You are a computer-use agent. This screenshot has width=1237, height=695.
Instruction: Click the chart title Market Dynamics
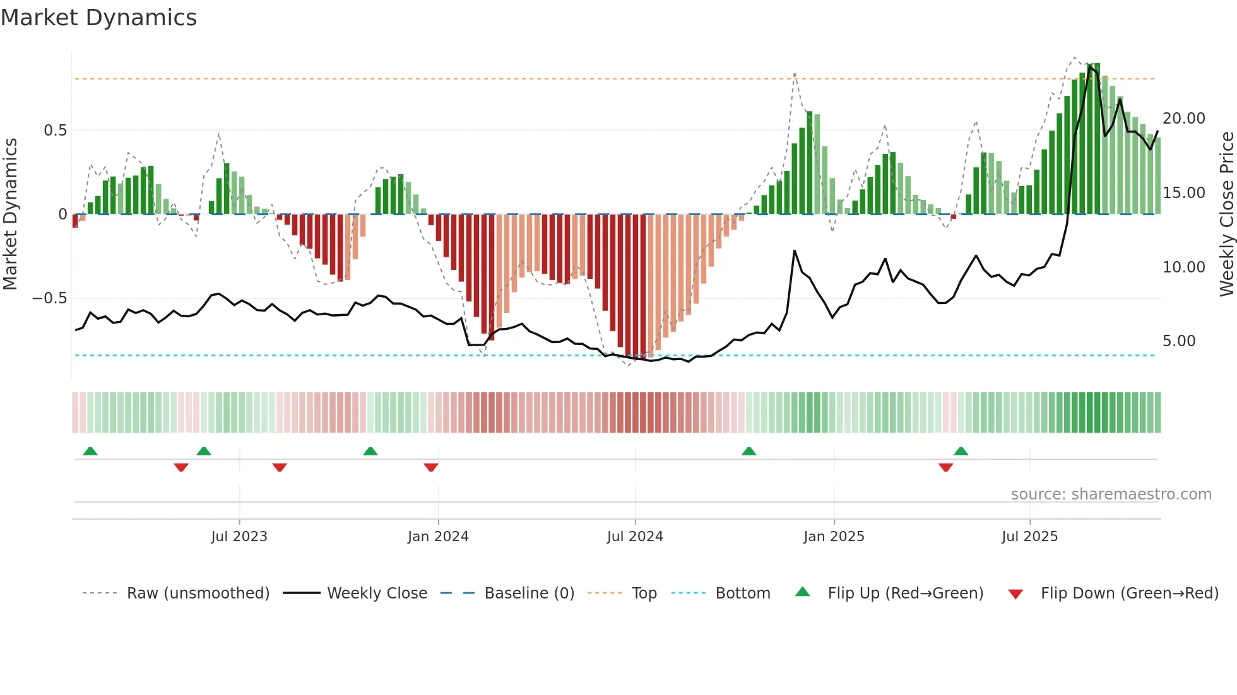click(x=98, y=18)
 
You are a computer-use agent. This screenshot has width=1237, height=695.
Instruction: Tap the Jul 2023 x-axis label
click(x=239, y=537)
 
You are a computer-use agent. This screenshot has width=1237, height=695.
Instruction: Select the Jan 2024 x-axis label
click(x=438, y=537)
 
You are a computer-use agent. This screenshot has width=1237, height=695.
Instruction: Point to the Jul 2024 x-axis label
click(x=635, y=537)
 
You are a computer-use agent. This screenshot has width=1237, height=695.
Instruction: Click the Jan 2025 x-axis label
click(x=834, y=537)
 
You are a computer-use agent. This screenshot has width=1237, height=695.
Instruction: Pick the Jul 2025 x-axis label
click(x=1029, y=537)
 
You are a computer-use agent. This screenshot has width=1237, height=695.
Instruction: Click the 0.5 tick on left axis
click(x=55, y=131)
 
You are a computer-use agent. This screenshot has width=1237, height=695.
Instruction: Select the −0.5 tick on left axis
click(x=50, y=298)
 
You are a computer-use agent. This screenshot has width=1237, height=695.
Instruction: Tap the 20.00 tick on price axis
click(x=1183, y=119)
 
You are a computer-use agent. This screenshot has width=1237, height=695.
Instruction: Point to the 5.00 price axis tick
click(x=1179, y=341)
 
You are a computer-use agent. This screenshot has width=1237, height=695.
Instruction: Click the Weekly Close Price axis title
click(x=1226, y=214)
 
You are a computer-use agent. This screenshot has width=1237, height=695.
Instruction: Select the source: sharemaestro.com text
click(x=1111, y=494)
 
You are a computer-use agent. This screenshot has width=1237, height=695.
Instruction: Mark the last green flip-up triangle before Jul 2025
click(x=961, y=451)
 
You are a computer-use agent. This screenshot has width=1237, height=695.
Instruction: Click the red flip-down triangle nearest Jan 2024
click(x=431, y=467)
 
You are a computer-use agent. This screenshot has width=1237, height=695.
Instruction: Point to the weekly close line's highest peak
click(x=1090, y=66)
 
